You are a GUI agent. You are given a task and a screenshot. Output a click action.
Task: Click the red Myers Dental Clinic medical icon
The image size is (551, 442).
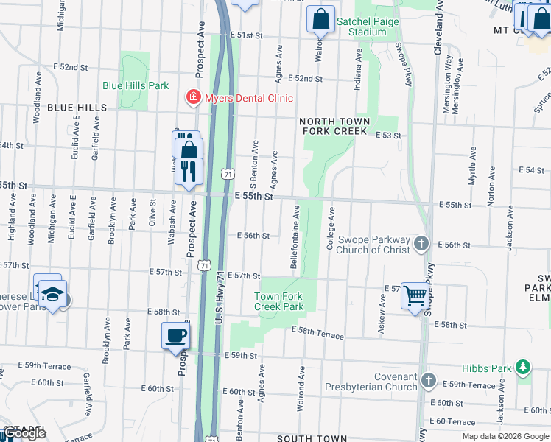click(193, 98)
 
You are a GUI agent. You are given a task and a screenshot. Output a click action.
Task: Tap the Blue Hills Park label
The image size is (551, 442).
click(136, 85)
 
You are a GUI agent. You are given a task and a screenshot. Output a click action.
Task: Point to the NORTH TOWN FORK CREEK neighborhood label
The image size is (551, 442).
click(334, 126)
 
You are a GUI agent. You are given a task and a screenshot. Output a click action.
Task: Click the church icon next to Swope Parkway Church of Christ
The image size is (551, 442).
click(421, 244)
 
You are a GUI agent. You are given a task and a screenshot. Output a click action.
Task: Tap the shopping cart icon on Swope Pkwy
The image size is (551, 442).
click(415, 295)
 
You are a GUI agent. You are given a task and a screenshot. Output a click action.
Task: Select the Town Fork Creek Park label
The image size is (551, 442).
click(278, 301)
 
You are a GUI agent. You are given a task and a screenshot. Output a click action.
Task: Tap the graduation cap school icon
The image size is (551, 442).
click(51, 294)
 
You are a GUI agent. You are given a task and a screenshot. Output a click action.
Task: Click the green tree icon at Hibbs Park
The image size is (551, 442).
click(523, 367)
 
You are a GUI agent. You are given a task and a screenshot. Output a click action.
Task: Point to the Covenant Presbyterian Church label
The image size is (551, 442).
click(384, 382)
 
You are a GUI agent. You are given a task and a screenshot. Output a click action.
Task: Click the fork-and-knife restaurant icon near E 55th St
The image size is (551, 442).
click(189, 170)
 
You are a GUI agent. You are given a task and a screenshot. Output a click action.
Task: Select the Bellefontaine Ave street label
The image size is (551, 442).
click(296, 237)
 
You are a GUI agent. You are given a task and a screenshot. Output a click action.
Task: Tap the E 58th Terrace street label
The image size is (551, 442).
click(317, 333)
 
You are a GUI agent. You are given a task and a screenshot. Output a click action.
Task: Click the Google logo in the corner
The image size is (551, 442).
click(24, 433)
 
